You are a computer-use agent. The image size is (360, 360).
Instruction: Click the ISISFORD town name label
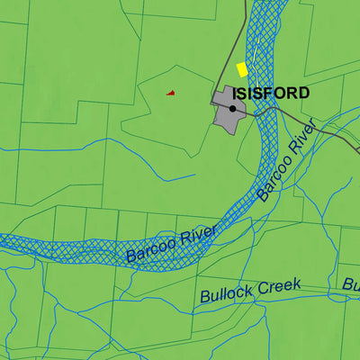270,93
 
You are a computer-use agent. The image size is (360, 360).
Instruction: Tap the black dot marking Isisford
232,109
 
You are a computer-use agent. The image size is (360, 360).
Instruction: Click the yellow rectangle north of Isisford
241,69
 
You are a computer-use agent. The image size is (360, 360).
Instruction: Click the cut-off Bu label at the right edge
350,284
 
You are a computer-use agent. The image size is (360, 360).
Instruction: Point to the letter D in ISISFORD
303,93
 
